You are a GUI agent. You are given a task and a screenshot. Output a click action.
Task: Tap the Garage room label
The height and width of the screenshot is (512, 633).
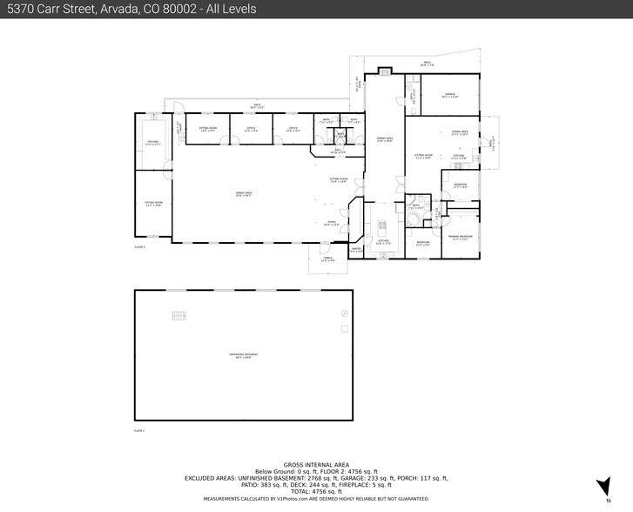449,97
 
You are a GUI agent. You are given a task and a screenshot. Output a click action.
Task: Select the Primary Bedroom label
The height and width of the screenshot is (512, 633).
460,238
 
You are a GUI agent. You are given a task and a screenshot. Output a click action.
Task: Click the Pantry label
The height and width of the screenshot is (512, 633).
355,251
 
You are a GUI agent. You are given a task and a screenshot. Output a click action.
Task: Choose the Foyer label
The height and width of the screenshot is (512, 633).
332,223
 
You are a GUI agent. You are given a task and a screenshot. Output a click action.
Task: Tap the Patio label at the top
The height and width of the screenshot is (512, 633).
428,64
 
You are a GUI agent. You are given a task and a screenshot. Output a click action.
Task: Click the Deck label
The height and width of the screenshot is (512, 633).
258,106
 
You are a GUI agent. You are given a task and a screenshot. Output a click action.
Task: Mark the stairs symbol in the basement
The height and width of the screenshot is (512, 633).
179,315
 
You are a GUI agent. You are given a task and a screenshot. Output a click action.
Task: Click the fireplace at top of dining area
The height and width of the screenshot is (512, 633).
384,72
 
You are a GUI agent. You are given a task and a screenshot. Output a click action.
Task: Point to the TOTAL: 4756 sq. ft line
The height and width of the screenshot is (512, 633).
316,492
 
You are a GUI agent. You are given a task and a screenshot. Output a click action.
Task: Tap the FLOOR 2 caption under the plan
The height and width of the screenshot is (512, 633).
139,248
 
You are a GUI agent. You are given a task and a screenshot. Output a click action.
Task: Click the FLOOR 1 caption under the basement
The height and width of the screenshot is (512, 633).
139,430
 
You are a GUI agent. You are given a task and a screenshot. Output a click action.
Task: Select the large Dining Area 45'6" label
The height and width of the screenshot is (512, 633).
244,194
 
